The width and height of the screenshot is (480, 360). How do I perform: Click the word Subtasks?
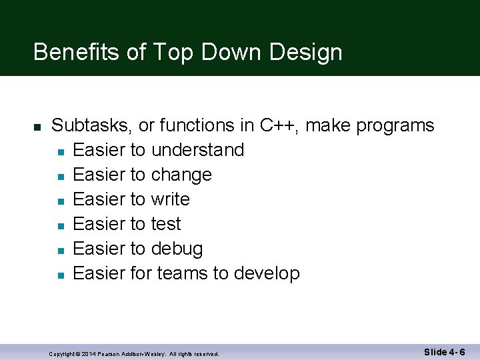(92, 125)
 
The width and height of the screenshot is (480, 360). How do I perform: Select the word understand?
(197, 150)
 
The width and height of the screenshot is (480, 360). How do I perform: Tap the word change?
(181, 175)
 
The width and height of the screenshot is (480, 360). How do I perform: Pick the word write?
(170, 199)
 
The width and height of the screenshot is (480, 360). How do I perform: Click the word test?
(166, 224)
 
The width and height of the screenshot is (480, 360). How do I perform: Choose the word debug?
(177, 249)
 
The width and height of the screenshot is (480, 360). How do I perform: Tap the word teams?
(183, 273)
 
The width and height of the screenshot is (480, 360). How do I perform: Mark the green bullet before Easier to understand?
(60, 151)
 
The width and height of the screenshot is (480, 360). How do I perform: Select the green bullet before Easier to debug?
(60, 250)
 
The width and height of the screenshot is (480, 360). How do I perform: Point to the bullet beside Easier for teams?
(60, 275)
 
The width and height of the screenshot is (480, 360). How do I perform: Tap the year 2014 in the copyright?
(88, 354)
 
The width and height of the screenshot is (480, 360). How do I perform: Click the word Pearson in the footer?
(109, 354)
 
